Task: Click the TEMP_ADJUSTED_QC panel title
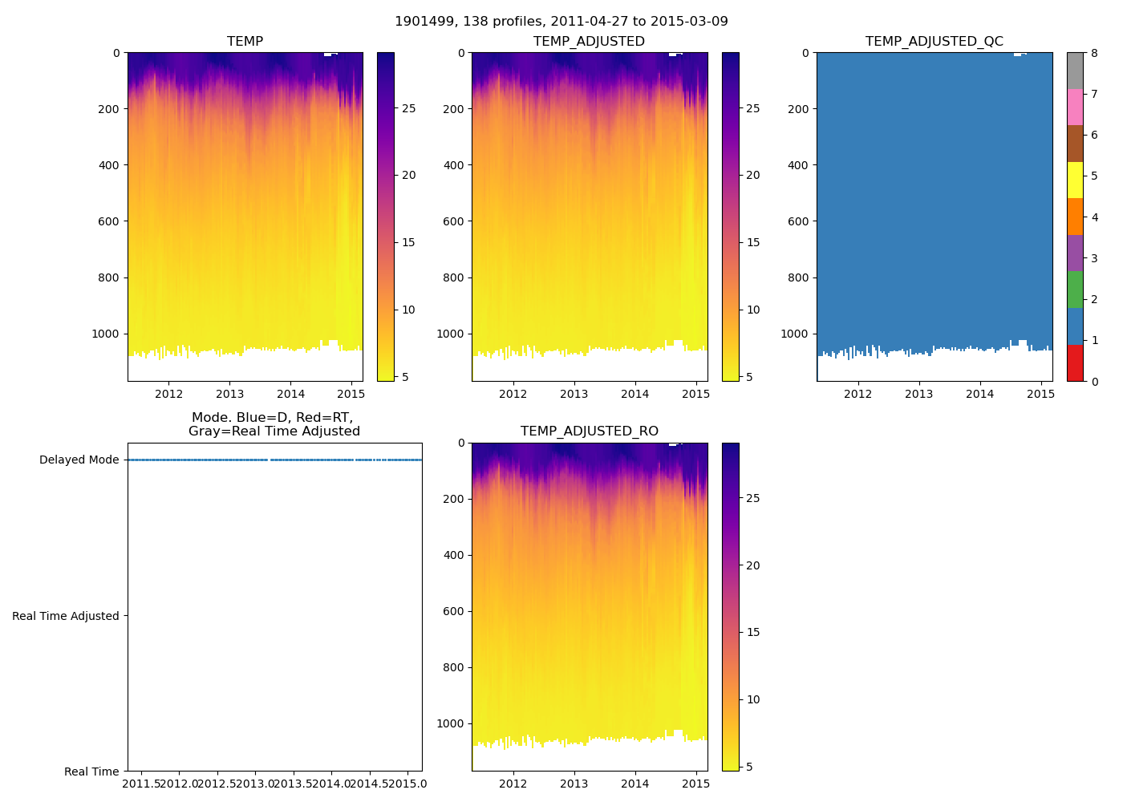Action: [x=934, y=41]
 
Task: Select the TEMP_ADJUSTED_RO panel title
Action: [x=590, y=431]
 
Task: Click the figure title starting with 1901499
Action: [x=561, y=21]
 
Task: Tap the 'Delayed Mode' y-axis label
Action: [x=79, y=460]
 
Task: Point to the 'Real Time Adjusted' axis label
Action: [x=65, y=616]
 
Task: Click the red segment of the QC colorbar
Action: [x=1075, y=363]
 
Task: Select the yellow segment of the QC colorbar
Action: [x=1075, y=180]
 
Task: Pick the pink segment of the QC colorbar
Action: [x=1075, y=107]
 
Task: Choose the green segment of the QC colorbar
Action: [x=1075, y=290]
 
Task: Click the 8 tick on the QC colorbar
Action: [x=1094, y=53]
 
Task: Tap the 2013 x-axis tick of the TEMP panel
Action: [x=229, y=394]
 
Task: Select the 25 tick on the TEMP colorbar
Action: [x=408, y=108]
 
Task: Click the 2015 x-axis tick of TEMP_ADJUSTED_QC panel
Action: [x=1040, y=394]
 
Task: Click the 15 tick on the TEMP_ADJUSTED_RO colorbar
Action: [x=752, y=632]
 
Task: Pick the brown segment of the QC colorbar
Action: [x=1075, y=144]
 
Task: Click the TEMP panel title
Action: [x=245, y=41]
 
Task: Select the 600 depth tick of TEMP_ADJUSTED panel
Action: [x=453, y=221]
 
